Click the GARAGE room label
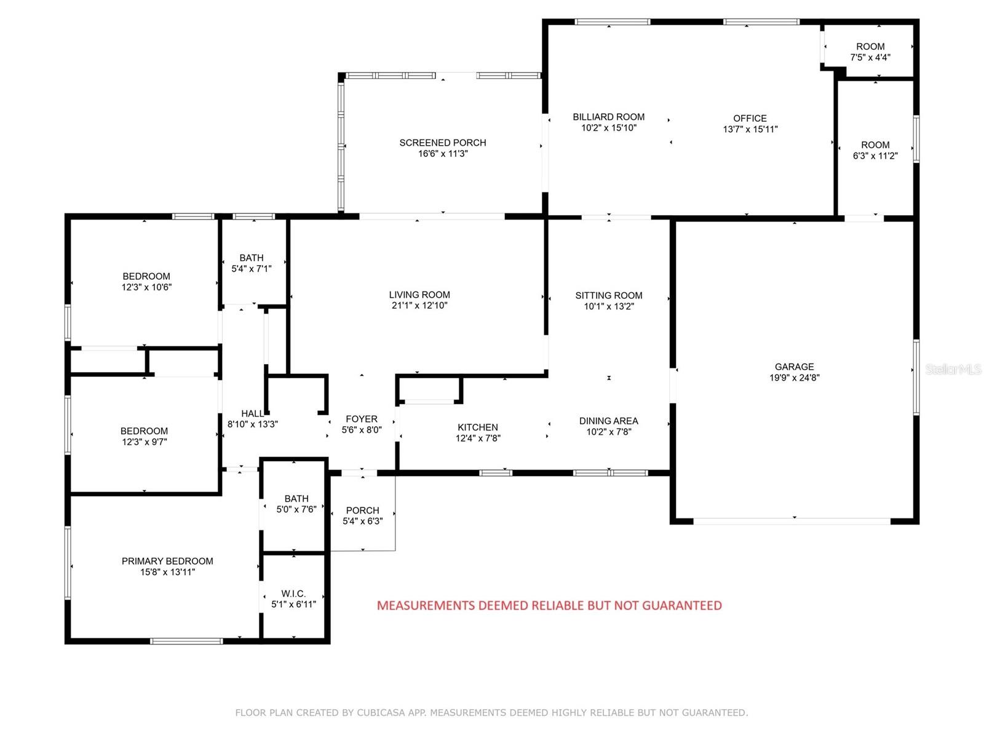tap(794, 367)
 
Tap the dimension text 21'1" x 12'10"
tap(419, 306)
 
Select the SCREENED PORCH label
tap(442, 143)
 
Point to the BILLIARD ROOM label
tap(608, 117)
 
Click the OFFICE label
tap(750, 118)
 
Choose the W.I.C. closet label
tap(293, 593)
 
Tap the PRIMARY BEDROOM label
tap(167, 561)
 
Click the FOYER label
tap(362, 419)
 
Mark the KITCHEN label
tap(477, 427)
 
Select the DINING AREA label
tap(608, 421)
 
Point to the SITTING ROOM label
tap(608, 295)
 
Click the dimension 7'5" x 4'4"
tap(870, 57)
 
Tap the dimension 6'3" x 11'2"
tap(875, 156)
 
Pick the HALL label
tap(252, 413)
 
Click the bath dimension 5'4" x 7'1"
tap(251, 269)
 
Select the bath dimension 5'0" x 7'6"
tap(296, 509)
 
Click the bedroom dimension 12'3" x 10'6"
tap(146, 287)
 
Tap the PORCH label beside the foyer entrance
tap(362, 510)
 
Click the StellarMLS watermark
tap(953, 369)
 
